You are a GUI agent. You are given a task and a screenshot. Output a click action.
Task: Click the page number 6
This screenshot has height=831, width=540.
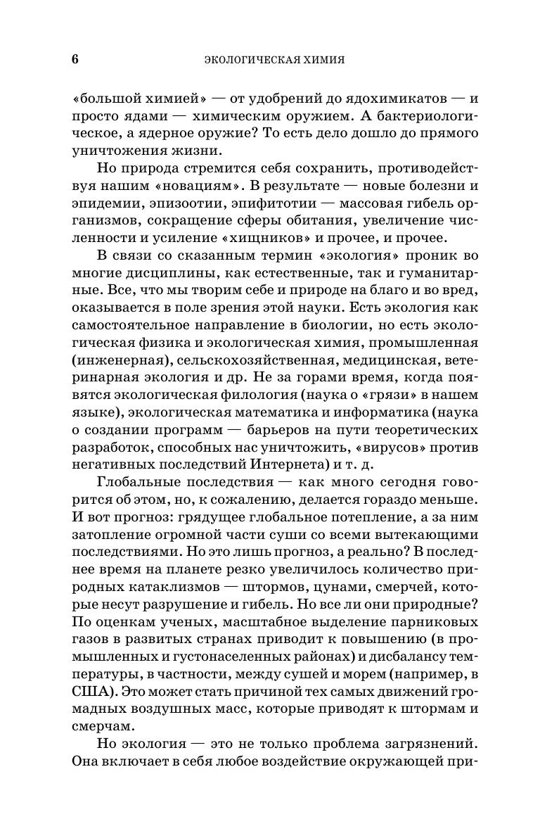75,59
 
